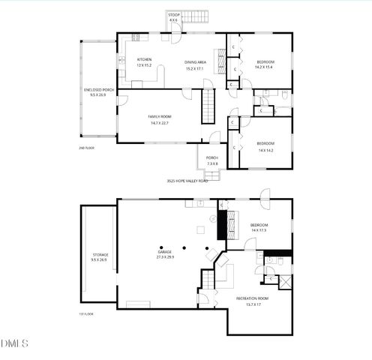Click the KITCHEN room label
(144, 60)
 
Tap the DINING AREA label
(196, 63)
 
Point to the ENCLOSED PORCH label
(97, 91)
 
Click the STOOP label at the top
(173, 16)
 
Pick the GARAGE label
(164, 251)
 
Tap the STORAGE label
(100, 255)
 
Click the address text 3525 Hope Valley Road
(187, 181)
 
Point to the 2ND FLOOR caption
(85, 148)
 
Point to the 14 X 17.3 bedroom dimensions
(259, 230)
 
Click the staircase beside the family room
(208, 105)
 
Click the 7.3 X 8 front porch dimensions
(212, 163)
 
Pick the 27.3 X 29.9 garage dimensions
(164, 256)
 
